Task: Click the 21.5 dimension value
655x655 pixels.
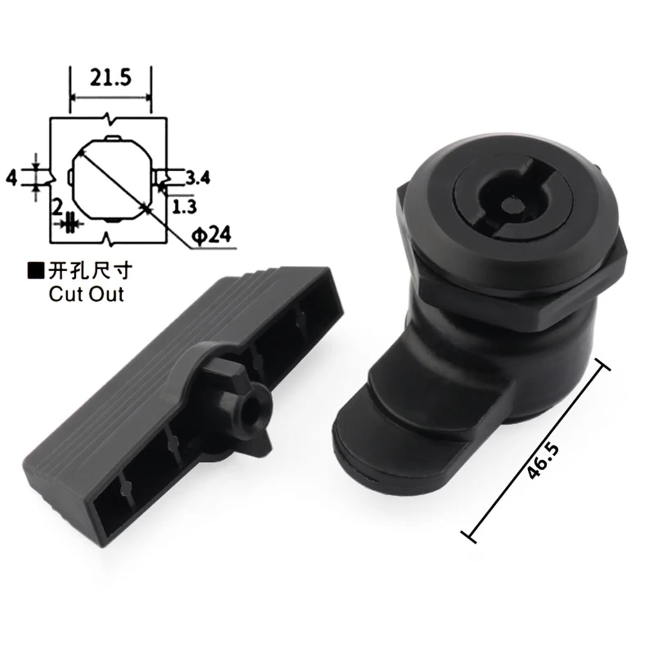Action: point(111,78)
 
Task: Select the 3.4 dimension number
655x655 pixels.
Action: point(198,178)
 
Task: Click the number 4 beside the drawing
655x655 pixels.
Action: point(12,178)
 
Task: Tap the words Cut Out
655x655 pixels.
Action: point(86,294)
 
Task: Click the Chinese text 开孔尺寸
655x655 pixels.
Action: point(90,271)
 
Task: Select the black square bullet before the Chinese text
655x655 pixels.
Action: point(36,271)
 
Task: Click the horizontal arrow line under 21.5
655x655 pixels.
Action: point(111,97)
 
